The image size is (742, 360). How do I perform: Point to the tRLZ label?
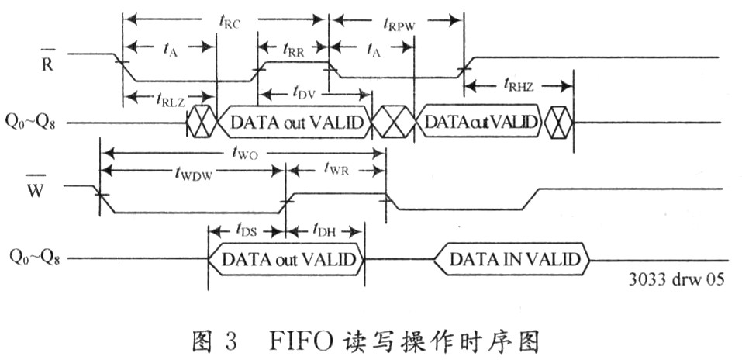165,98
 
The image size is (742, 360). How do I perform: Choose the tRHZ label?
521,84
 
